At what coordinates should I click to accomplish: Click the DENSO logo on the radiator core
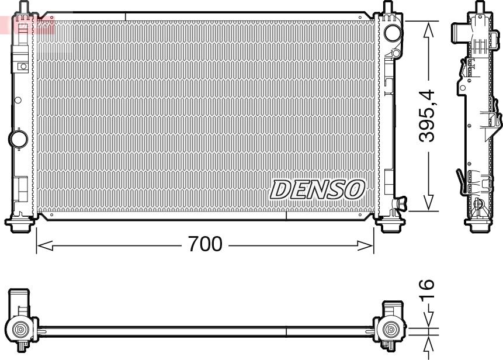click(317, 189)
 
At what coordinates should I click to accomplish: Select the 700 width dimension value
click(205, 244)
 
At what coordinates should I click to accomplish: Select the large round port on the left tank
click(18, 139)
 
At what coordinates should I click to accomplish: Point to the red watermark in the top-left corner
click(26, 25)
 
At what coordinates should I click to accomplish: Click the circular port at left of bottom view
click(21, 330)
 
